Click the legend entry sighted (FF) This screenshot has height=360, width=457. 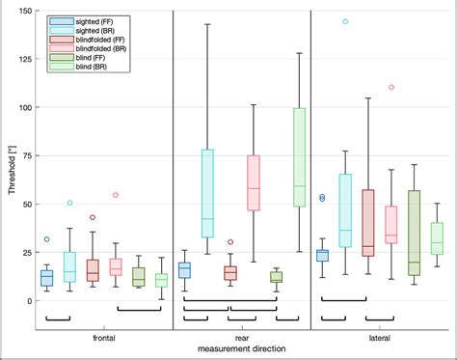(82, 20)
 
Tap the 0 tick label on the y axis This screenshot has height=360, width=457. (29, 300)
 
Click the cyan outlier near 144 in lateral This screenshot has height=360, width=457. (345, 21)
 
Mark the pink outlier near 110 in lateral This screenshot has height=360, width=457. (391, 87)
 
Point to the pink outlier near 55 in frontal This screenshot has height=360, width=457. (116, 195)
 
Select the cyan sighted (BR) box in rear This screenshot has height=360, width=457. (207, 193)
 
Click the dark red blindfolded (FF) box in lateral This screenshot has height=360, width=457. (368, 223)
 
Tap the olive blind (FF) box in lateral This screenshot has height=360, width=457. (415, 232)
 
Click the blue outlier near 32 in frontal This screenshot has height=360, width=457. (46, 239)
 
